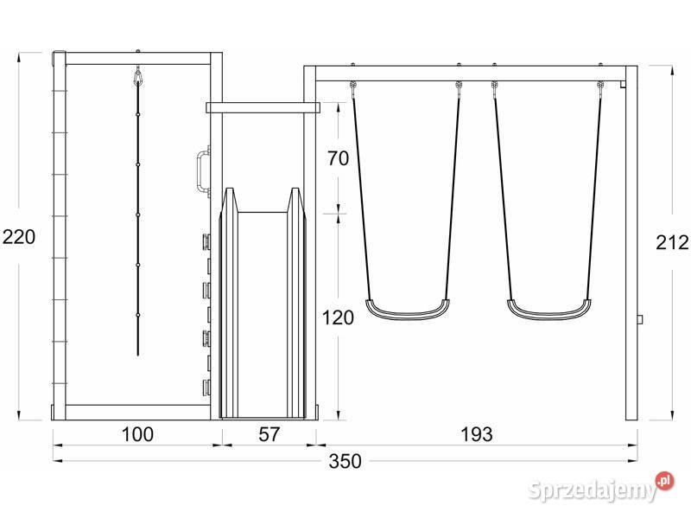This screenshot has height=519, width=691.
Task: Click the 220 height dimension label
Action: (x=19, y=237)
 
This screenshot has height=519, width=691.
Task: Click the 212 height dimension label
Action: (x=672, y=242)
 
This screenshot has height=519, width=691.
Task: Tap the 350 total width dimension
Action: (x=345, y=461)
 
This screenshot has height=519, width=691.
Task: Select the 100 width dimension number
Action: (x=137, y=434)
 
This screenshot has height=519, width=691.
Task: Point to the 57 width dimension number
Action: (x=269, y=434)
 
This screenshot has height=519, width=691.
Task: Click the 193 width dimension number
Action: (x=477, y=434)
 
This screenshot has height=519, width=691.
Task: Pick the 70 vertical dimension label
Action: (x=338, y=158)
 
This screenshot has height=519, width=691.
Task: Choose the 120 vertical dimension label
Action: (x=338, y=317)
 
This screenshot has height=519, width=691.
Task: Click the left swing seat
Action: (x=407, y=310)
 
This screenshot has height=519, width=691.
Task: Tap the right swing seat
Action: (x=549, y=310)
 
